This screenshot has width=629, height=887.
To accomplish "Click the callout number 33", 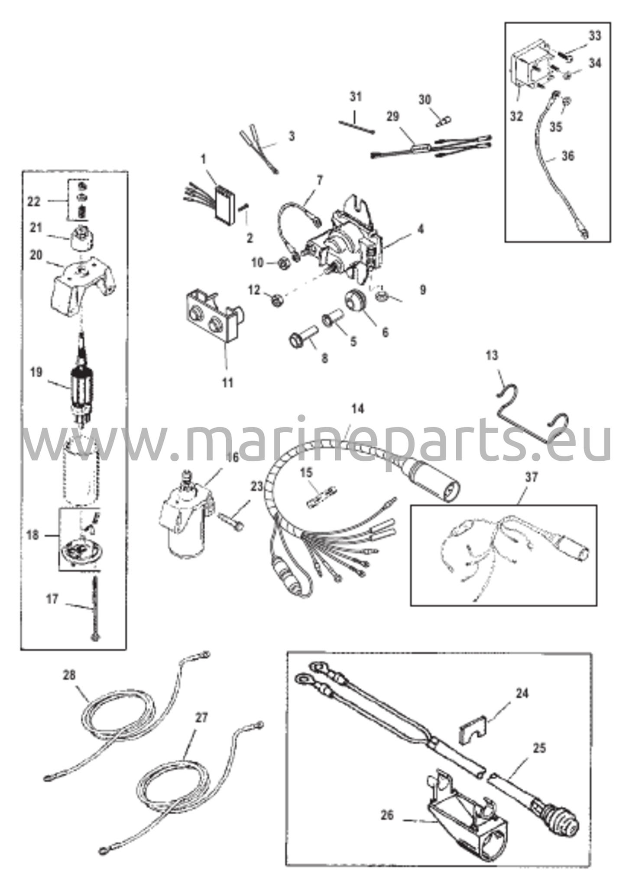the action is [x=595, y=36].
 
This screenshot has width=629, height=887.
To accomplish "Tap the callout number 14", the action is [x=358, y=408].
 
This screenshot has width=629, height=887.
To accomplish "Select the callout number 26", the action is [x=387, y=815].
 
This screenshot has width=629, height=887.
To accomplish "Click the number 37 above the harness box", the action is [x=532, y=477].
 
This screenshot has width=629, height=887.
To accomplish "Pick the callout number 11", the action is [x=227, y=382].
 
